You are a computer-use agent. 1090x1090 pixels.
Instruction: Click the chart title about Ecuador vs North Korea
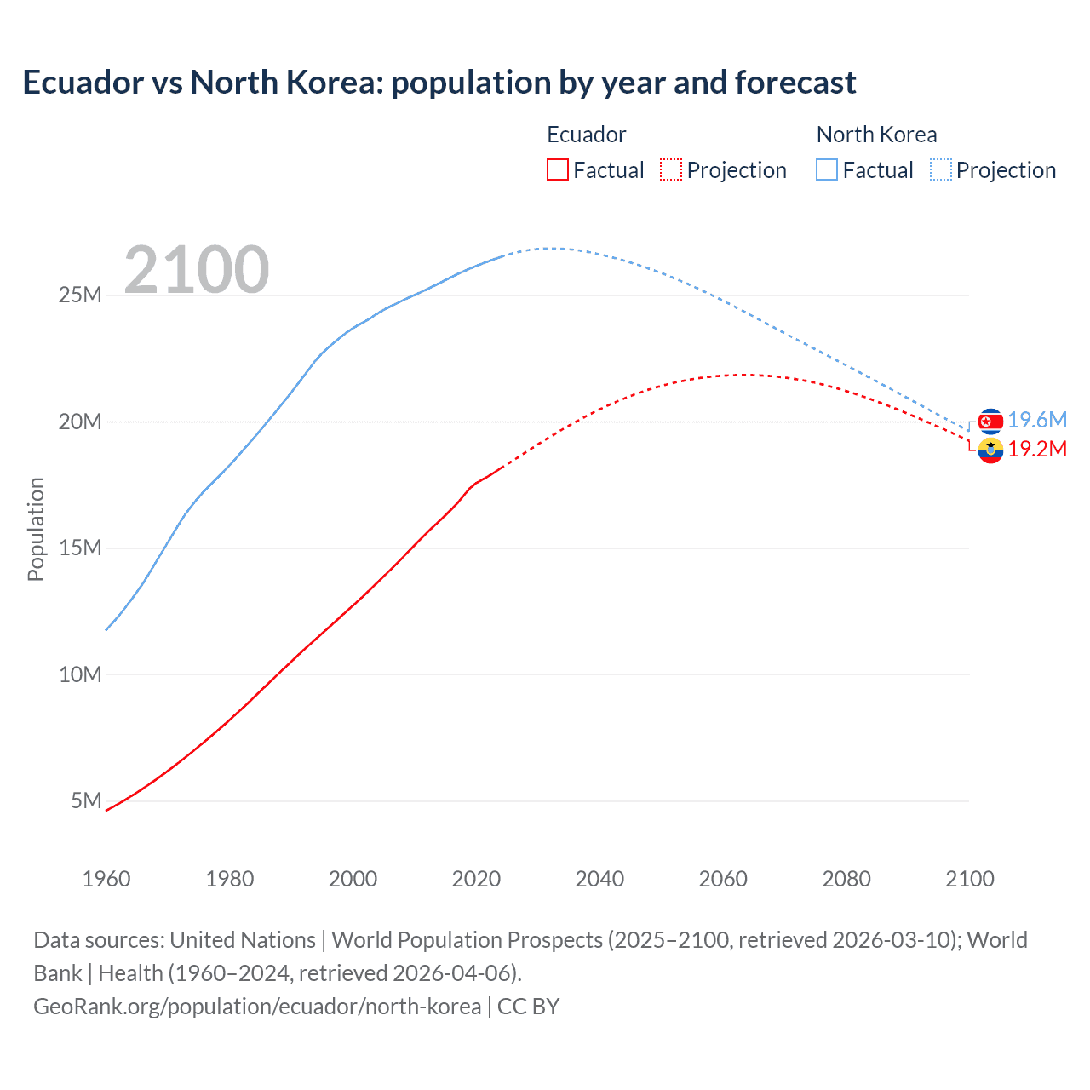tap(439, 83)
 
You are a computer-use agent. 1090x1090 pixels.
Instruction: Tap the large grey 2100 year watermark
tap(197, 270)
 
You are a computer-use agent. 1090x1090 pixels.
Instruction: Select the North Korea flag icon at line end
tap(990, 421)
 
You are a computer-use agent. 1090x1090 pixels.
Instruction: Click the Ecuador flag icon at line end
tap(990, 450)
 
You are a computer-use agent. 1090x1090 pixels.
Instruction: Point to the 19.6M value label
tap(1037, 420)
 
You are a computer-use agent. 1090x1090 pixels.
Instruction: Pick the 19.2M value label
tap(1037, 450)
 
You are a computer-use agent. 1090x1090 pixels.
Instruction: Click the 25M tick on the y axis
tap(80, 295)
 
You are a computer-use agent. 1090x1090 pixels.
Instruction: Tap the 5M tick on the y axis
tap(86, 800)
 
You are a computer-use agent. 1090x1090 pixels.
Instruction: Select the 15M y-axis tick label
tap(80, 548)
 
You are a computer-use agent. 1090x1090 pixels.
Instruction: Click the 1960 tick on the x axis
tap(106, 879)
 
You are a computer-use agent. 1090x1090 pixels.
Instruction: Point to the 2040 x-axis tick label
tap(599, 879)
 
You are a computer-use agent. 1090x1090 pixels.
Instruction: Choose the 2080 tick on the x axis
tap(846, 879)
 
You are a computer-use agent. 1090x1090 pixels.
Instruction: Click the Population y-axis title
tap(36, 529)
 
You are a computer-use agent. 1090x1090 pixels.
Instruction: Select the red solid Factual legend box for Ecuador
tap(558, 170)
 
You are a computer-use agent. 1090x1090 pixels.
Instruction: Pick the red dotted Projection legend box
tap(671, 170)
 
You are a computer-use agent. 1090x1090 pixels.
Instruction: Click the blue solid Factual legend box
tap(827, 170)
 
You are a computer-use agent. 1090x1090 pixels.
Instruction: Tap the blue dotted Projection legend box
tap(940, 170)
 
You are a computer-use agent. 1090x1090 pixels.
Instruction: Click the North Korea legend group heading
tap(876, 135)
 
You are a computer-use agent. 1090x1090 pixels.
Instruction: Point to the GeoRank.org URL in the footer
tap(257, 1007)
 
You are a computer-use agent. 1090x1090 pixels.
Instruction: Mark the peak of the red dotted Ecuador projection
tap(743, 375)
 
